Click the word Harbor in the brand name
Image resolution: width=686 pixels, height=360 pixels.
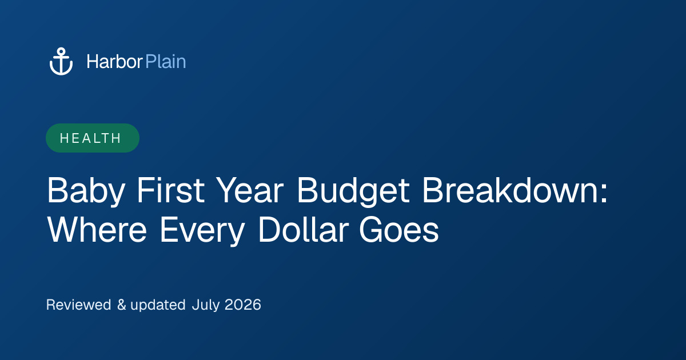click(114, 62)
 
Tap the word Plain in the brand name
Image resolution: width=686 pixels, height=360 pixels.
click(166, 62)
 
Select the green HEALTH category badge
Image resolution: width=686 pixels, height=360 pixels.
click(93, 138)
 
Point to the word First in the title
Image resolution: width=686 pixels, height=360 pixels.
click(170, 190)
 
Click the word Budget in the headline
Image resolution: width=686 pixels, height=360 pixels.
click(353, 191)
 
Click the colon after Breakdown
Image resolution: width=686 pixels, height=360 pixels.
click(604, 194)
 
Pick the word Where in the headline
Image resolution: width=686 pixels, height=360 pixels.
click(97, 229)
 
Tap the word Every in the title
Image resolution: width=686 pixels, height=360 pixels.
click(202, 231)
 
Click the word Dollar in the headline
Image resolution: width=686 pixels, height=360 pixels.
click(304, 229)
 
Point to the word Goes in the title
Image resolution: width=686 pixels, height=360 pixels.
click(399, 229)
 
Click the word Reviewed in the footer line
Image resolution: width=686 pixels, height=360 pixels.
click(79, 305)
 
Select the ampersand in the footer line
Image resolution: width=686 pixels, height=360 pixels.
click(122, 305)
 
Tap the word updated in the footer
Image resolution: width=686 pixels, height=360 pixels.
click(158, 305)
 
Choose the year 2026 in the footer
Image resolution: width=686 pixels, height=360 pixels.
click(243, 305)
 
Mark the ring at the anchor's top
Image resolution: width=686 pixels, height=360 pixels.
click(61, 51)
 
